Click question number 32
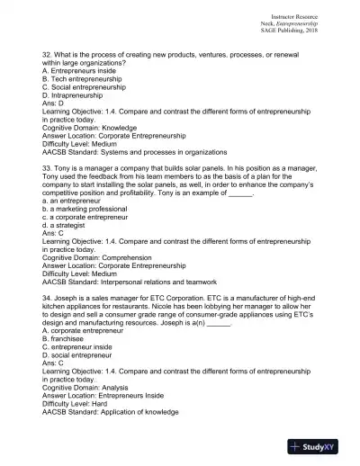pyautogui.click(x=47, y=55)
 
